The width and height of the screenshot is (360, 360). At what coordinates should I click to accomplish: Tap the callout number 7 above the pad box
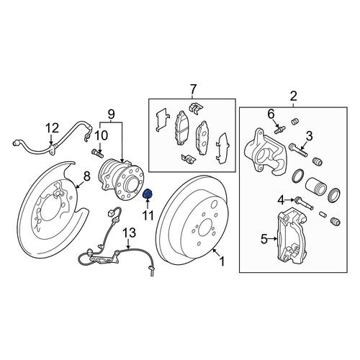pyautogui.click(x=193, y=90)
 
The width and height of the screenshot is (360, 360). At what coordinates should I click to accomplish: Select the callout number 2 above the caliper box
pyautogui.click(x=293, y=96)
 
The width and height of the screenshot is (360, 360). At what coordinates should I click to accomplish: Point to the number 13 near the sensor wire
pyautogui.click(x=130, y=233)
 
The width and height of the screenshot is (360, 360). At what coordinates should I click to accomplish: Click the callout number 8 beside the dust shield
pyautogui.click(x=86, y=176)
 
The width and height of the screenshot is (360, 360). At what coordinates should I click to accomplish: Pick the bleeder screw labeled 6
pyautogui.click(x=279, y=130)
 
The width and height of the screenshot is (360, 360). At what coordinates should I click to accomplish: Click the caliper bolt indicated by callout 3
pyautogui.click(x=298, y=150)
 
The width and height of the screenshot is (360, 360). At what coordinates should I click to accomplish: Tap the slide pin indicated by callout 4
pyautogui.click(x=305, y=203)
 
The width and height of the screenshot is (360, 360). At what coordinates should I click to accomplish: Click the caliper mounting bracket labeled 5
pyautogui.click(x=291, y=235)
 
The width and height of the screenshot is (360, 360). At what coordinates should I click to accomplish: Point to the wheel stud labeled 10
pyautogui.click(x=97, y=153)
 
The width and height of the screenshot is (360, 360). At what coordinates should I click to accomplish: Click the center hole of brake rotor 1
pyautogui.click(x=204, y=230)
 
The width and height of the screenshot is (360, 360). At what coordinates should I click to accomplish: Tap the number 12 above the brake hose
pyautogui.click(x=53, y=128)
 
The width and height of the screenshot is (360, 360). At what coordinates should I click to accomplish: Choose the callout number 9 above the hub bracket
pyautogui.click(x=111, y=114)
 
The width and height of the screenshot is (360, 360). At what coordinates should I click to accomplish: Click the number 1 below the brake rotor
pyautogui.click(x=222, y=261)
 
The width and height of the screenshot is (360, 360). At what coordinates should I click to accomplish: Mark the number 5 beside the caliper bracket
pyautogui.click(x=264, y=239)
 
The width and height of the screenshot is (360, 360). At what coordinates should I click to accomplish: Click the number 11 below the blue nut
pyautogui.click(x=148, y=215)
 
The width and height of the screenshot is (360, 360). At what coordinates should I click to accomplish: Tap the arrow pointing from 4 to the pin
pyautogui.click(x=289, y=199)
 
